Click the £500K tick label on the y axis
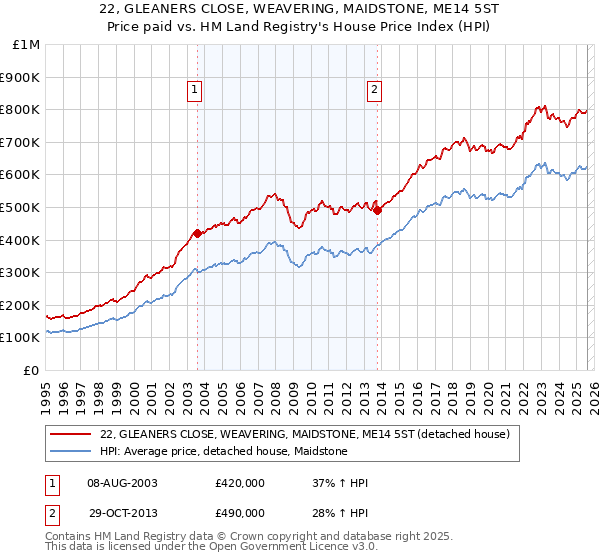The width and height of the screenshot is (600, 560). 19,207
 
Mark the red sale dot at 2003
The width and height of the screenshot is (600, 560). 197,233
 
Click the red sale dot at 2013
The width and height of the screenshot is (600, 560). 378,210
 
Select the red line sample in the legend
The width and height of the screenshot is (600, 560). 70,434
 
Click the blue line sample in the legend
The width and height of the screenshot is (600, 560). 70,451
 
